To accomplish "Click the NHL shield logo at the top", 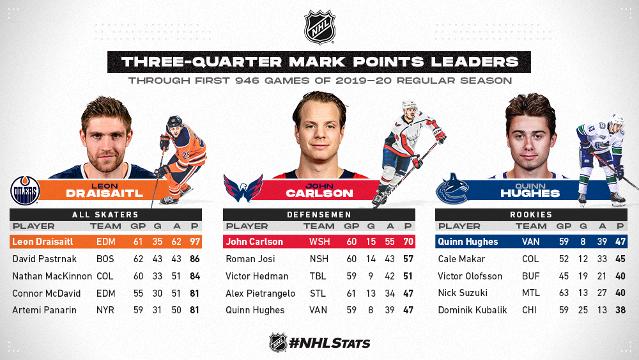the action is (319, 27).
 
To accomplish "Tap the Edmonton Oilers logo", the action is (25, 191).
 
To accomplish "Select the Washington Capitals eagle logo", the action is (243, 188).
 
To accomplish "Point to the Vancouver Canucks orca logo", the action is (452, 189).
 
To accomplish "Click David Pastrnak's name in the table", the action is (45, 259).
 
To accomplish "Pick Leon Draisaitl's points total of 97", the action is (195, 242).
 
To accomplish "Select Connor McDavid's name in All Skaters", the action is (47, 293).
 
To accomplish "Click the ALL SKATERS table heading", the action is (105, 214).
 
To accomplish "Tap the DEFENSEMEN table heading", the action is (319, 214).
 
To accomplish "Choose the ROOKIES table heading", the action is (531, 214).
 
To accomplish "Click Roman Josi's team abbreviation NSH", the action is (319, 259).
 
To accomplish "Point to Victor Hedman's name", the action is (257, 276).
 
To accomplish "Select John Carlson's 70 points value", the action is (408, 242).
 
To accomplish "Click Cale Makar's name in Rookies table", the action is (461, 259).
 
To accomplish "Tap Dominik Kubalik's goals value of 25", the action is (583, 310).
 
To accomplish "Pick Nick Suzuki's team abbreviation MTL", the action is (530, 293).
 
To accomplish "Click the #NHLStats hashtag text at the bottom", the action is (329, 343).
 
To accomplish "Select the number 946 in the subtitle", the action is (247, 81).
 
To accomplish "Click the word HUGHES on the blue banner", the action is (530, 193).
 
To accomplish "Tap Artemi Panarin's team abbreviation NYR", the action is (105, 310).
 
